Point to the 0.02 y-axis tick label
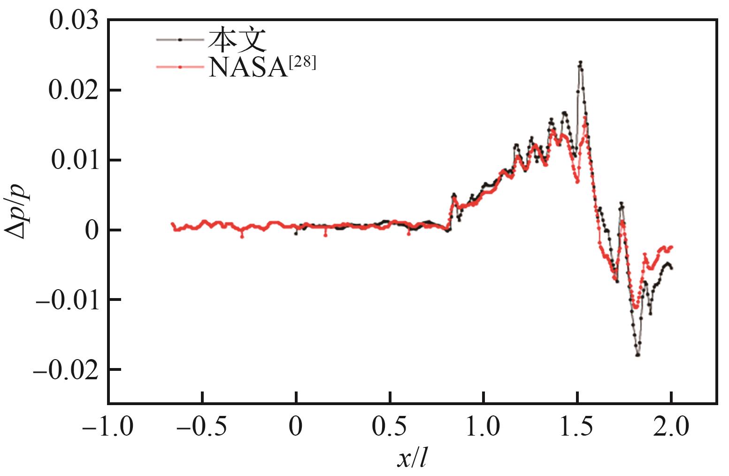coord(74,90)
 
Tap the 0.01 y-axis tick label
coord(75,160)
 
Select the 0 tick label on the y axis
coord(92,230)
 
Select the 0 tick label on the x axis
coord(296,427)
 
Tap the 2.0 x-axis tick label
coord(671,427)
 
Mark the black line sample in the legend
coord(180,40)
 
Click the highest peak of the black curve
coord(581,62)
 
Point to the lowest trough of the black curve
coord(638,355)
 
